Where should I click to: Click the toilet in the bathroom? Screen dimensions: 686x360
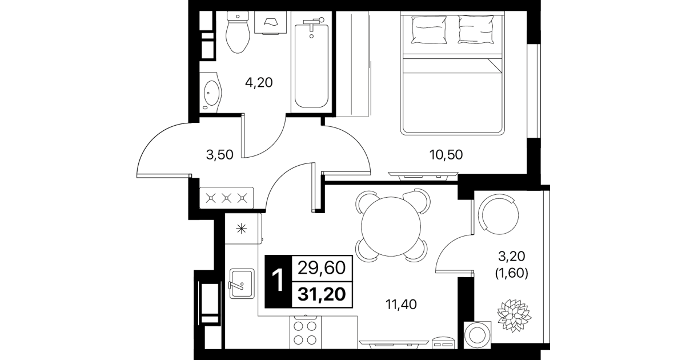point(238,32)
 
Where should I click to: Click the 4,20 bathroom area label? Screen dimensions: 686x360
point(259,83)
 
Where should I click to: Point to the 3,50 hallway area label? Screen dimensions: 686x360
point(219,155)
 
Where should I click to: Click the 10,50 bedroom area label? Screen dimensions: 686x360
point(446,155)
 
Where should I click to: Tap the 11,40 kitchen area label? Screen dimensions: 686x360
point(401,304)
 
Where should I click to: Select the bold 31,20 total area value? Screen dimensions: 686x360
point(322,294)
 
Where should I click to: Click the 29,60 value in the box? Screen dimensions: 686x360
point(322,268)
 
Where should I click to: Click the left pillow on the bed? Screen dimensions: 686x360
point(429,30)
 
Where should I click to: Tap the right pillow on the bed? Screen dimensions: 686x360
point(476,30)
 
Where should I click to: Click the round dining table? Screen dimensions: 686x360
point(391,226)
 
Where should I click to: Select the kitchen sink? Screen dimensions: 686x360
point(242,283)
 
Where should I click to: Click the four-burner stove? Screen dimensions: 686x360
point(306,333)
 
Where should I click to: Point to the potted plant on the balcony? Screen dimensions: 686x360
point(514,315)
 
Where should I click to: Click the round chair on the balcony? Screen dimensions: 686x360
point(499,214)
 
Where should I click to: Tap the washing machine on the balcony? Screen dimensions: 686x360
point(477,335)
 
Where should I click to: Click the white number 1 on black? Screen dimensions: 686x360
point(278,281)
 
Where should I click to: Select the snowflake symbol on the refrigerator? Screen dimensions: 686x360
point(241,229)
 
